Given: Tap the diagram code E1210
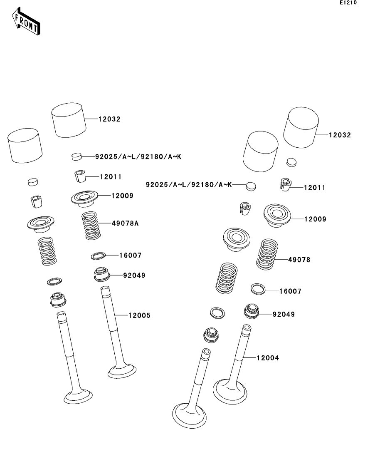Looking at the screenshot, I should coord(348,3).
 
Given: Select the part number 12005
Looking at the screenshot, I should coord(139,316).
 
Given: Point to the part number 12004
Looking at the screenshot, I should coord(268,358).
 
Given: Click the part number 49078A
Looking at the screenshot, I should coord(125,223).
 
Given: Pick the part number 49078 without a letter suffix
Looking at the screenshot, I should coord(299,260).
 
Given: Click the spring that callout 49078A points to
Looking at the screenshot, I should coord(90,225).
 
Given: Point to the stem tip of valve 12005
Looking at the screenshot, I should coord(105,289).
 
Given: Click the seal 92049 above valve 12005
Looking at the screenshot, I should coord(101,274).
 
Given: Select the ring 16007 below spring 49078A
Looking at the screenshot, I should coord(98,255).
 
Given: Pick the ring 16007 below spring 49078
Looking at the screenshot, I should coord(258,288).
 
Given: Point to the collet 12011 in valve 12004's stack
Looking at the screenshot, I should coord(284,185).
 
